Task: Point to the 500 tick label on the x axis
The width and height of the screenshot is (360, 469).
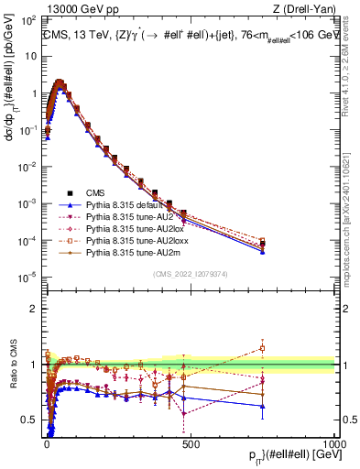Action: (191, 442)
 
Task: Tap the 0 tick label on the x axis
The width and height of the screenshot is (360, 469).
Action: (47, 442)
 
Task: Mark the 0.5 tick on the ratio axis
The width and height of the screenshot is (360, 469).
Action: (32, 420)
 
